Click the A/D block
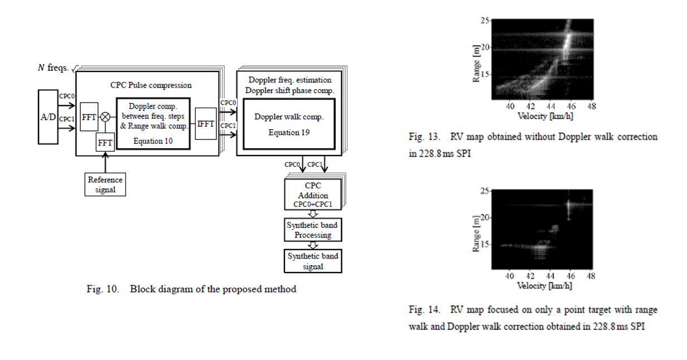coord(48,117)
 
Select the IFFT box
coord(206,124)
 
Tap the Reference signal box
coord(105,184)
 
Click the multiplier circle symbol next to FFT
coord(105,117)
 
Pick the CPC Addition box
coord(313,194)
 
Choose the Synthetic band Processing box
coord(313,230)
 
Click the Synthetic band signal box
coord(313,261)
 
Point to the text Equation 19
coord(289,133)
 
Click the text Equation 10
coord(153,141)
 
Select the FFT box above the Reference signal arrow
coord(105,142)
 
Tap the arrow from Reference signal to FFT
coord(105,162)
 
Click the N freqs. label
coord(53,68)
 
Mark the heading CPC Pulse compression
coord(151,85)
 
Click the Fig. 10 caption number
coord(103,289)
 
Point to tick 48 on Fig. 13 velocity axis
coord(592,106)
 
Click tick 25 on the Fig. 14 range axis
coord(485,191)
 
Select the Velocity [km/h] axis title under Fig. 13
coord(545,116)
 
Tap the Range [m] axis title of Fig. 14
coord(476,234)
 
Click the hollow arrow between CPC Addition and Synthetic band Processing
coord(313,214)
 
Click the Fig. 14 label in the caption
coord(424,309)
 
